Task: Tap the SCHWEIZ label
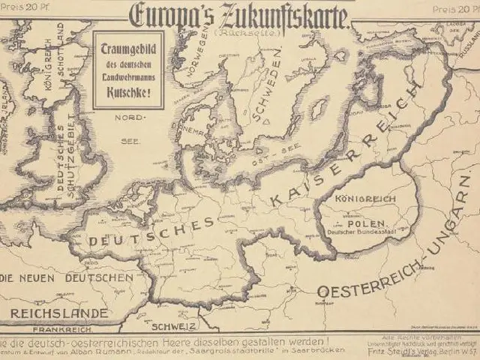pyautogui.click(x=174, y=327)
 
